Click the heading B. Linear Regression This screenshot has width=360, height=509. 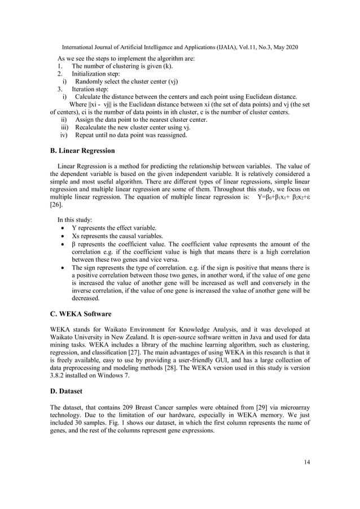click(82, 151)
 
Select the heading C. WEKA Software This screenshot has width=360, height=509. click(80, 313)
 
